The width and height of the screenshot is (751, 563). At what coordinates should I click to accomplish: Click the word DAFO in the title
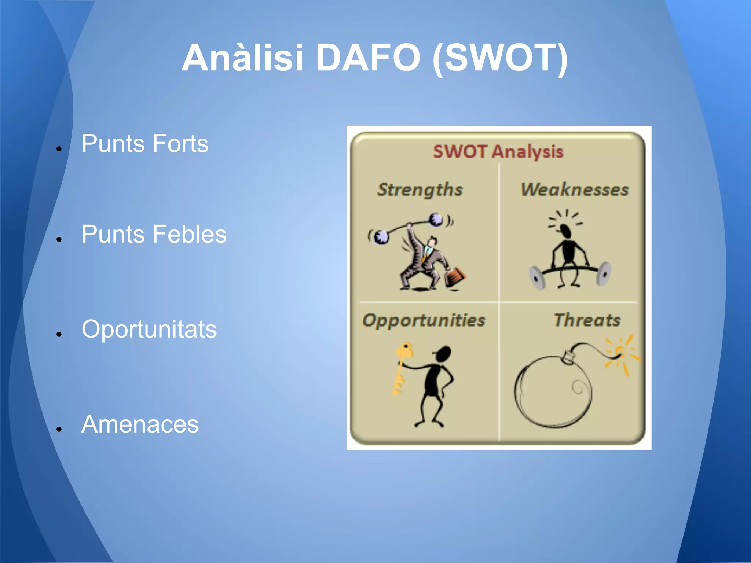pyautogui.click(x=368, y=58)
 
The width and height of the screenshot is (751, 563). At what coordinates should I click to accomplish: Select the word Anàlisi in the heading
pyautogui.click(x=242, y=58)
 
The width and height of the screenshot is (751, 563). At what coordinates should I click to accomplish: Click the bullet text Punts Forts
pyautogui.click(x=145, y=143)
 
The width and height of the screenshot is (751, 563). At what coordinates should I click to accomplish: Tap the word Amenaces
pyautogui.click(x=140, y=424)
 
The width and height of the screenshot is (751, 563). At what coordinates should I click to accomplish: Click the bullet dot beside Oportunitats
pyautogui.click(x=59, y=334)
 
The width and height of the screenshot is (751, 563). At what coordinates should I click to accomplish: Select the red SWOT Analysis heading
pyautogui.click(x=498, y=151)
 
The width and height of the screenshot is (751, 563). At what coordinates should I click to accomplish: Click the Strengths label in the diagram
pyautogui.click(x=420, y=189)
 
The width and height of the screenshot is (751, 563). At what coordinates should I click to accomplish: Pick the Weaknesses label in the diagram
pyautogui.click(x=575, y=189)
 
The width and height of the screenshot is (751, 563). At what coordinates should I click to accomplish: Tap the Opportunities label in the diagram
pyautogui.click(x=424, y=320)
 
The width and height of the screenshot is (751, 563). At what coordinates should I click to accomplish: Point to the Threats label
pyautogui.click(x=587, y=320)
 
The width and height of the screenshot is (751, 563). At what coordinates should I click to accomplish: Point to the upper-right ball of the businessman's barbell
pyautogui.click(x=436, y=220)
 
